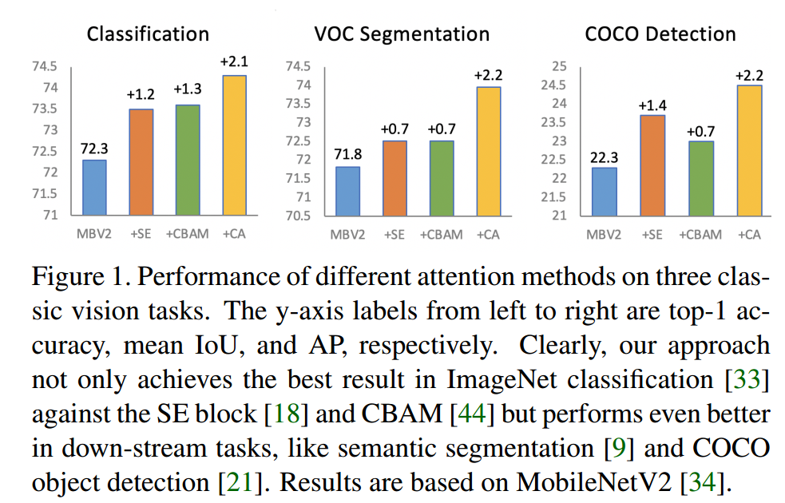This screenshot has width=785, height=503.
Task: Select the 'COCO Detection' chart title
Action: (660, 34)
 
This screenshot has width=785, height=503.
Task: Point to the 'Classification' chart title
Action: (148, 34)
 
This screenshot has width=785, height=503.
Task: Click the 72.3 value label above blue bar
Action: (93, 149)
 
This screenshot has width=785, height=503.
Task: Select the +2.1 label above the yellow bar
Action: (234, 62)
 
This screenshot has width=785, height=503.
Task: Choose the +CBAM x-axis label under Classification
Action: (187, 235)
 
